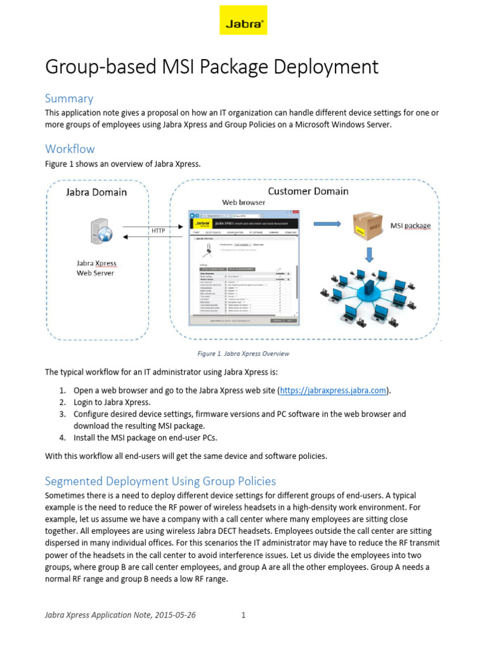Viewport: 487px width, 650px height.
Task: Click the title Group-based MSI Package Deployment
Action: pyautogui.click(x=212, y=67)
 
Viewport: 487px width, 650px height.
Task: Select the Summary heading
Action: pyautogui.click(x=69, y=98)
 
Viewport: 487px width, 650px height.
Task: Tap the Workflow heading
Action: pyautogui.click(x=70, y=149)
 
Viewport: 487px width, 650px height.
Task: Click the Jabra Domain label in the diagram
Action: pyautogui.click(x=96, y=192)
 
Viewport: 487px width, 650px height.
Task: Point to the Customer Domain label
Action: pyautogui.click(x=308, y=190)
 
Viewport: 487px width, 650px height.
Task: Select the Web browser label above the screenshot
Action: pyautogui.click(x=243, y=202)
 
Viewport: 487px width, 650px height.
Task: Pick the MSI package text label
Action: pyautogui.click(x=410, y=225)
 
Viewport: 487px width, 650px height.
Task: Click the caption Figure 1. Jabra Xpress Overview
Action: pyautogui.click(x=244, y=354)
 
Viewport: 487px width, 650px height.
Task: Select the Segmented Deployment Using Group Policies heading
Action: pyautogui.click(x=160, y=481)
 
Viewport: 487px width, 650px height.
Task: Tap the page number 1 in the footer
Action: pyautogui.click(x=243, y=615)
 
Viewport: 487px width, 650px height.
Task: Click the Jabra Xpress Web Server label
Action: pyautogui.click(x=96, y=268)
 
